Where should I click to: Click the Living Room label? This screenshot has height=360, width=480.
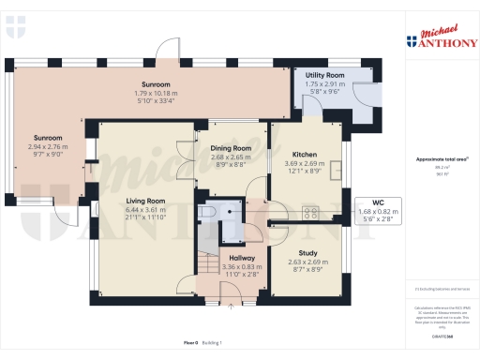point(146,200)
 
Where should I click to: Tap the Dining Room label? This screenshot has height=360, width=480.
point(230,148)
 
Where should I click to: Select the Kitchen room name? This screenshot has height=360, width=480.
point(306,154)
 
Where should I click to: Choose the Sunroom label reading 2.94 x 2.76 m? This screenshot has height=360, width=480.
point(47,147)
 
